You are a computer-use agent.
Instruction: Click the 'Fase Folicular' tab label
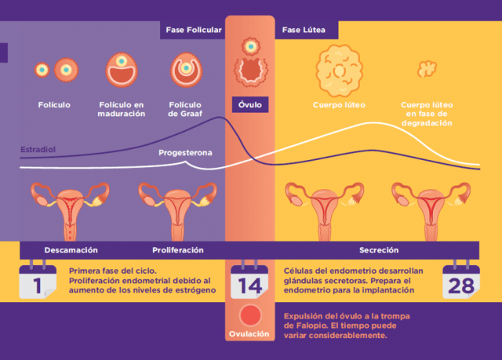pyautogui.click(x=194, y=30)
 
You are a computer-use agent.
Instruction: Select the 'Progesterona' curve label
pyautogui.click(x=185, y=152)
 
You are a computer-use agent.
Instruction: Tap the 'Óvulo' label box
pyautogui.click(x=250, y=104)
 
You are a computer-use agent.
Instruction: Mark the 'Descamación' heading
pyautogui.click(x=71, y=249)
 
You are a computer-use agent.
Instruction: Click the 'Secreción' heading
pyautogui.click(x=380, y=249)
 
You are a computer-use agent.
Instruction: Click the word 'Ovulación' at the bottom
pyautogui.click(x=250, y=333)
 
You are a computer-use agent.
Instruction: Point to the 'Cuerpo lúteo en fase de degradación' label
pyautogui.click(x=427, y=114)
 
